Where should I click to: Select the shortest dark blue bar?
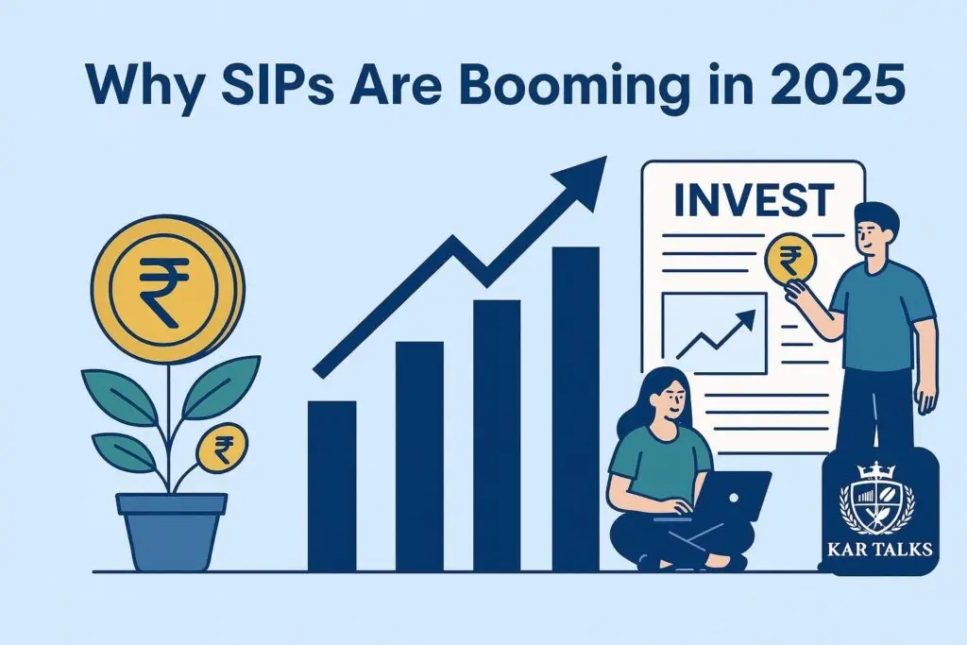tap(332, 486)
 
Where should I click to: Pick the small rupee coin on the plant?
tap(224, 450)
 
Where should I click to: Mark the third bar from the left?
tap(497, 434)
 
